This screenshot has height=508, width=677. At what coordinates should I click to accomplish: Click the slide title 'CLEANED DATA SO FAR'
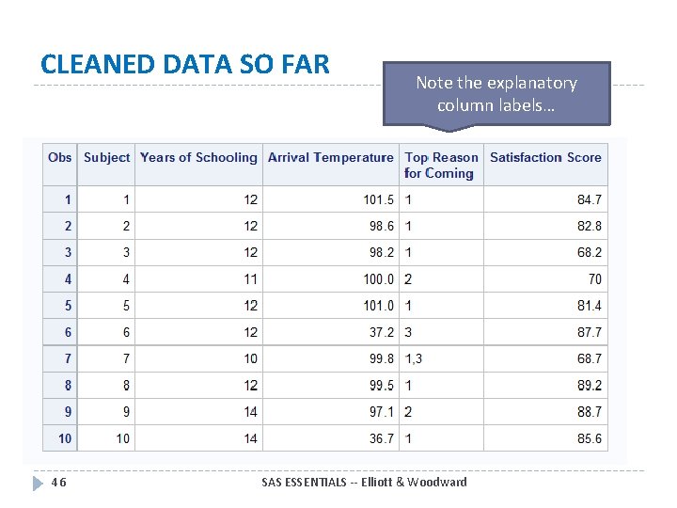coord(185,65)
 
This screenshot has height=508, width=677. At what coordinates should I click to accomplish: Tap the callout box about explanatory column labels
coord(496,94)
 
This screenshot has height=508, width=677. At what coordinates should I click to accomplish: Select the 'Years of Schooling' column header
coord(198,158)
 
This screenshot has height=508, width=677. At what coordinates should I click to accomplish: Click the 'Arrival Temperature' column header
coord(330,158)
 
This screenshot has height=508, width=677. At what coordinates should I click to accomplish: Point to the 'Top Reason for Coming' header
coord(441,166)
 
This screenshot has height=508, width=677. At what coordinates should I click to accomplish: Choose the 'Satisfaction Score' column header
coord(545,158)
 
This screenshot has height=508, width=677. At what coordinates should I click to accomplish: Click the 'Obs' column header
coord(60,158)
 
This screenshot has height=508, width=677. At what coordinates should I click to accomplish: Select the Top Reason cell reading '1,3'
coord(414,358)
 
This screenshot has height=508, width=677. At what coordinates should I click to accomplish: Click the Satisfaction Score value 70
coord(594,279)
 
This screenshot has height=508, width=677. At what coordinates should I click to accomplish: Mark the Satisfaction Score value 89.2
coord(590,386)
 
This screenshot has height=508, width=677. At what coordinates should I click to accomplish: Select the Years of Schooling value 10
coord(250,358)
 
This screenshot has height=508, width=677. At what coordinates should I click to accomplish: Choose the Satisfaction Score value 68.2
coord(590,252)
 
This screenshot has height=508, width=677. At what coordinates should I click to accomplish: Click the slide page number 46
coord(58,483)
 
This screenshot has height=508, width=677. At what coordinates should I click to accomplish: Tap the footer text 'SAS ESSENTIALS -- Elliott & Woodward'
coord(364,483)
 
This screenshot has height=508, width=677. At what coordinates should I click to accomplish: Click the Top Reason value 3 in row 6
coord(408,332)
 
